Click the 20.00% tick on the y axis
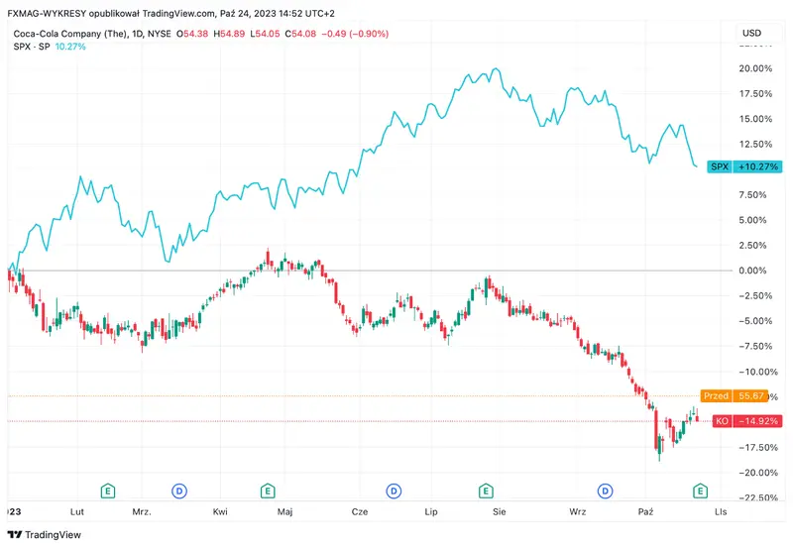[x=755, y=68]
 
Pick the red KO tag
[x=746, y=421]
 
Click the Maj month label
[x=284, y=511]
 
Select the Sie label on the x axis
[x=500, y=511]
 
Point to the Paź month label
[x=645, y=511]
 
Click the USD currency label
[x=752, y=34]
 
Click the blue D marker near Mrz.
[x=179, y=491]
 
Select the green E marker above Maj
[x=268, y=491]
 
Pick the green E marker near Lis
[x=701, y=491]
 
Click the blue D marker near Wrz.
[x=607, y=491]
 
